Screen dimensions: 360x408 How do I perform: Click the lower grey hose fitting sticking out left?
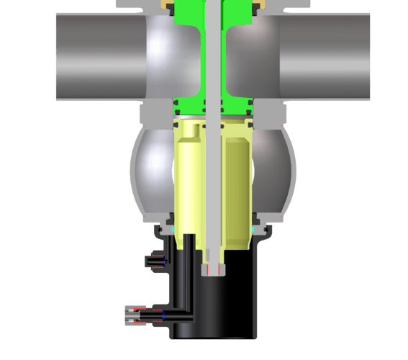[133, 315]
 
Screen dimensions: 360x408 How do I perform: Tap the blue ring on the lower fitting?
[163, 315]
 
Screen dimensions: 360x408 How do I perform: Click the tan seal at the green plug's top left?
[170, 5]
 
